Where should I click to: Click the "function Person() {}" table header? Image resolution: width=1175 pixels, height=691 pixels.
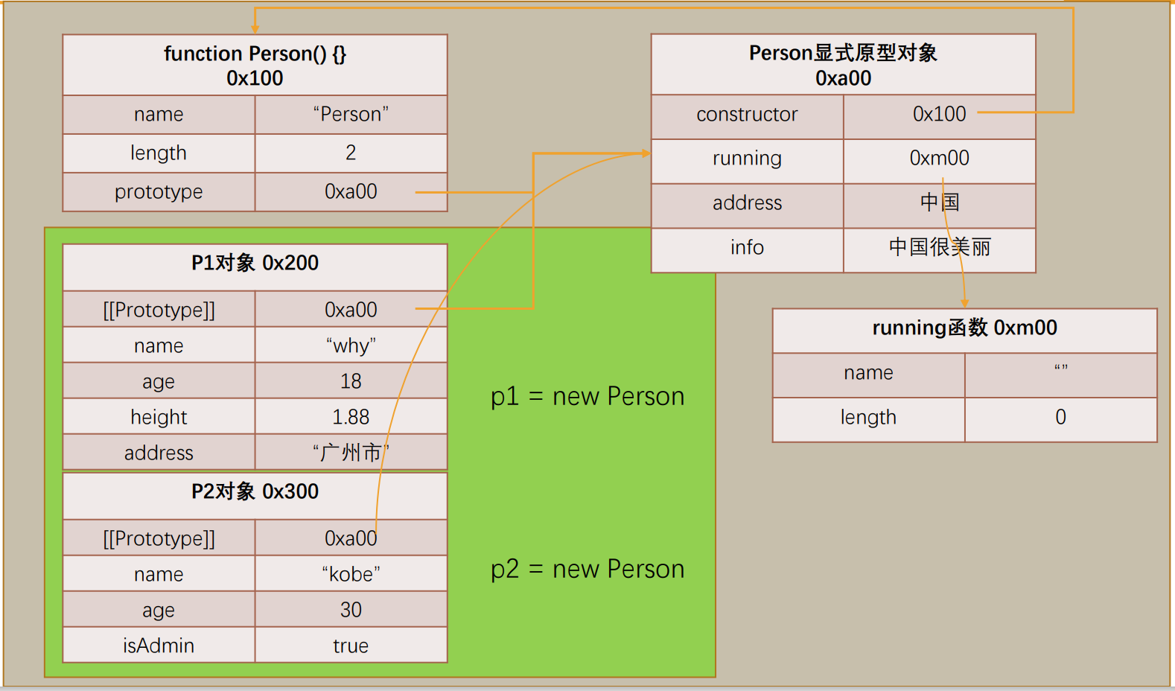pos(255,65)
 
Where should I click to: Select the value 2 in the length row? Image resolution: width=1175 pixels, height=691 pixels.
pos(351,153)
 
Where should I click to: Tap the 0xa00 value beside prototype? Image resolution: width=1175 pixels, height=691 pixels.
pos(351,191)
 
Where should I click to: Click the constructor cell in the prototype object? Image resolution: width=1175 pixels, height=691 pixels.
pos(747,114)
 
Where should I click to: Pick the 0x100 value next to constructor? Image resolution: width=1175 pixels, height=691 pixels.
pos(939,114)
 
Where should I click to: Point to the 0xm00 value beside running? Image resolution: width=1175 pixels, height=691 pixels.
pos(939,158)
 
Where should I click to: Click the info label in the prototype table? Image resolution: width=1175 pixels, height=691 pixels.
pos(747,247)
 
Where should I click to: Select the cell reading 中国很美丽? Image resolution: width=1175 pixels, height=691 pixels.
pos(939,247)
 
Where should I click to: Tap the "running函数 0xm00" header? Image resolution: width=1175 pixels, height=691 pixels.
pos(964,328)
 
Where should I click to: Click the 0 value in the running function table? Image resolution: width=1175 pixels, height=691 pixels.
pos(1060,417)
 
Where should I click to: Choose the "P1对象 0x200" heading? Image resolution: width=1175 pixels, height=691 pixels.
pos(255,263)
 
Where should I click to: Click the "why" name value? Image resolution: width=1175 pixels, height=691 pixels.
pos(351,345)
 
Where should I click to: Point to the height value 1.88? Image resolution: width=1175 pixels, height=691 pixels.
pos(351,417)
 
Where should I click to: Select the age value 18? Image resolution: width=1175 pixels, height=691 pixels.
pos(351,381)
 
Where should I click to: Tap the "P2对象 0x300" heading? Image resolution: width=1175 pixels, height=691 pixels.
pos(255,491)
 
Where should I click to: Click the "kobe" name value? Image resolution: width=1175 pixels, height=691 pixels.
pos(351,574)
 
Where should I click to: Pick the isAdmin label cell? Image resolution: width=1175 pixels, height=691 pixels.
pos(159,646)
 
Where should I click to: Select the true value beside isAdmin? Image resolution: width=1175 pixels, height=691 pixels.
pos(351,646)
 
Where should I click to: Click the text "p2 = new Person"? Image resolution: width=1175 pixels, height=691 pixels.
pos(587,569)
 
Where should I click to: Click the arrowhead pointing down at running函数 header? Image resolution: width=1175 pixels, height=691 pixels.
pos(964,303)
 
